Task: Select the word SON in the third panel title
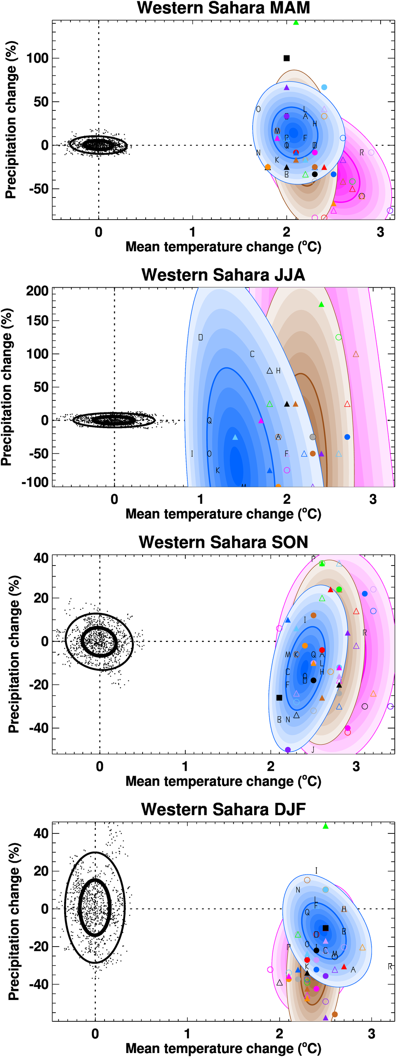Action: [x=289, y=542]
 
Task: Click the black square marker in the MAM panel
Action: [x=287, y=58]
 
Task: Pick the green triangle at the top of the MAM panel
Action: [x=296, y=23]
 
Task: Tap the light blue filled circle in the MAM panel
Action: [x=324, y=87]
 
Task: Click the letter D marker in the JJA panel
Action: [x=200, y=338]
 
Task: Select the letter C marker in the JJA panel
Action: [x=252, y=354]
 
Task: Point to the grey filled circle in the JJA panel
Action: [x=312, y=437]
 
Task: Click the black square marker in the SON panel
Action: [x=279, y=698]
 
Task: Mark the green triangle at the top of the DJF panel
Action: [x=326, y=826]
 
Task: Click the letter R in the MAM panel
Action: [x=362, y=153]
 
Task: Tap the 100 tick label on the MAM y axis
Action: [x=37, y=58]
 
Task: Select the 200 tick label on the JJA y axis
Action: [x=37, y=291]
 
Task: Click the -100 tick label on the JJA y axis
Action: [x=35, y=482]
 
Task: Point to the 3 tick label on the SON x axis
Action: [x=356, y=766]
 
